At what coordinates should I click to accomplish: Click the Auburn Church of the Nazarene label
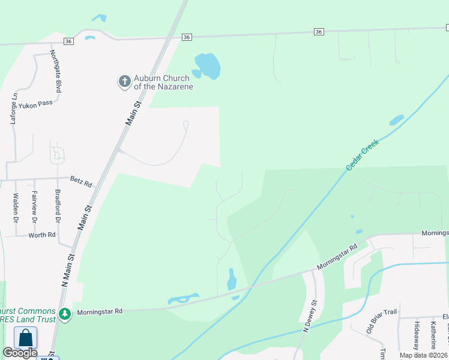(x=161, y=82)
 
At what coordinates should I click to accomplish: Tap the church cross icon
(x=124, y=81)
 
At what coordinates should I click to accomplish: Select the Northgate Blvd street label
(x=55, y=71)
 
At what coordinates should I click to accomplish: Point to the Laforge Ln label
(x=13, y=107)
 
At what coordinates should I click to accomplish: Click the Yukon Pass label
(x=35, y=103)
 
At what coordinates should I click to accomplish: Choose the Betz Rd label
(x=81, y=182)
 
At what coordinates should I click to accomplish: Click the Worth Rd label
(x=42, y=235)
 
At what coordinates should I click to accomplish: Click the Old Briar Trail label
(x=382, y=322)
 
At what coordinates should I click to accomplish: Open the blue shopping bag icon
(x=26, y=337)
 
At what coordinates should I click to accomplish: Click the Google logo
(x=20, y=353)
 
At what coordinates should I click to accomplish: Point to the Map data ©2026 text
(x=423, y=355)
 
